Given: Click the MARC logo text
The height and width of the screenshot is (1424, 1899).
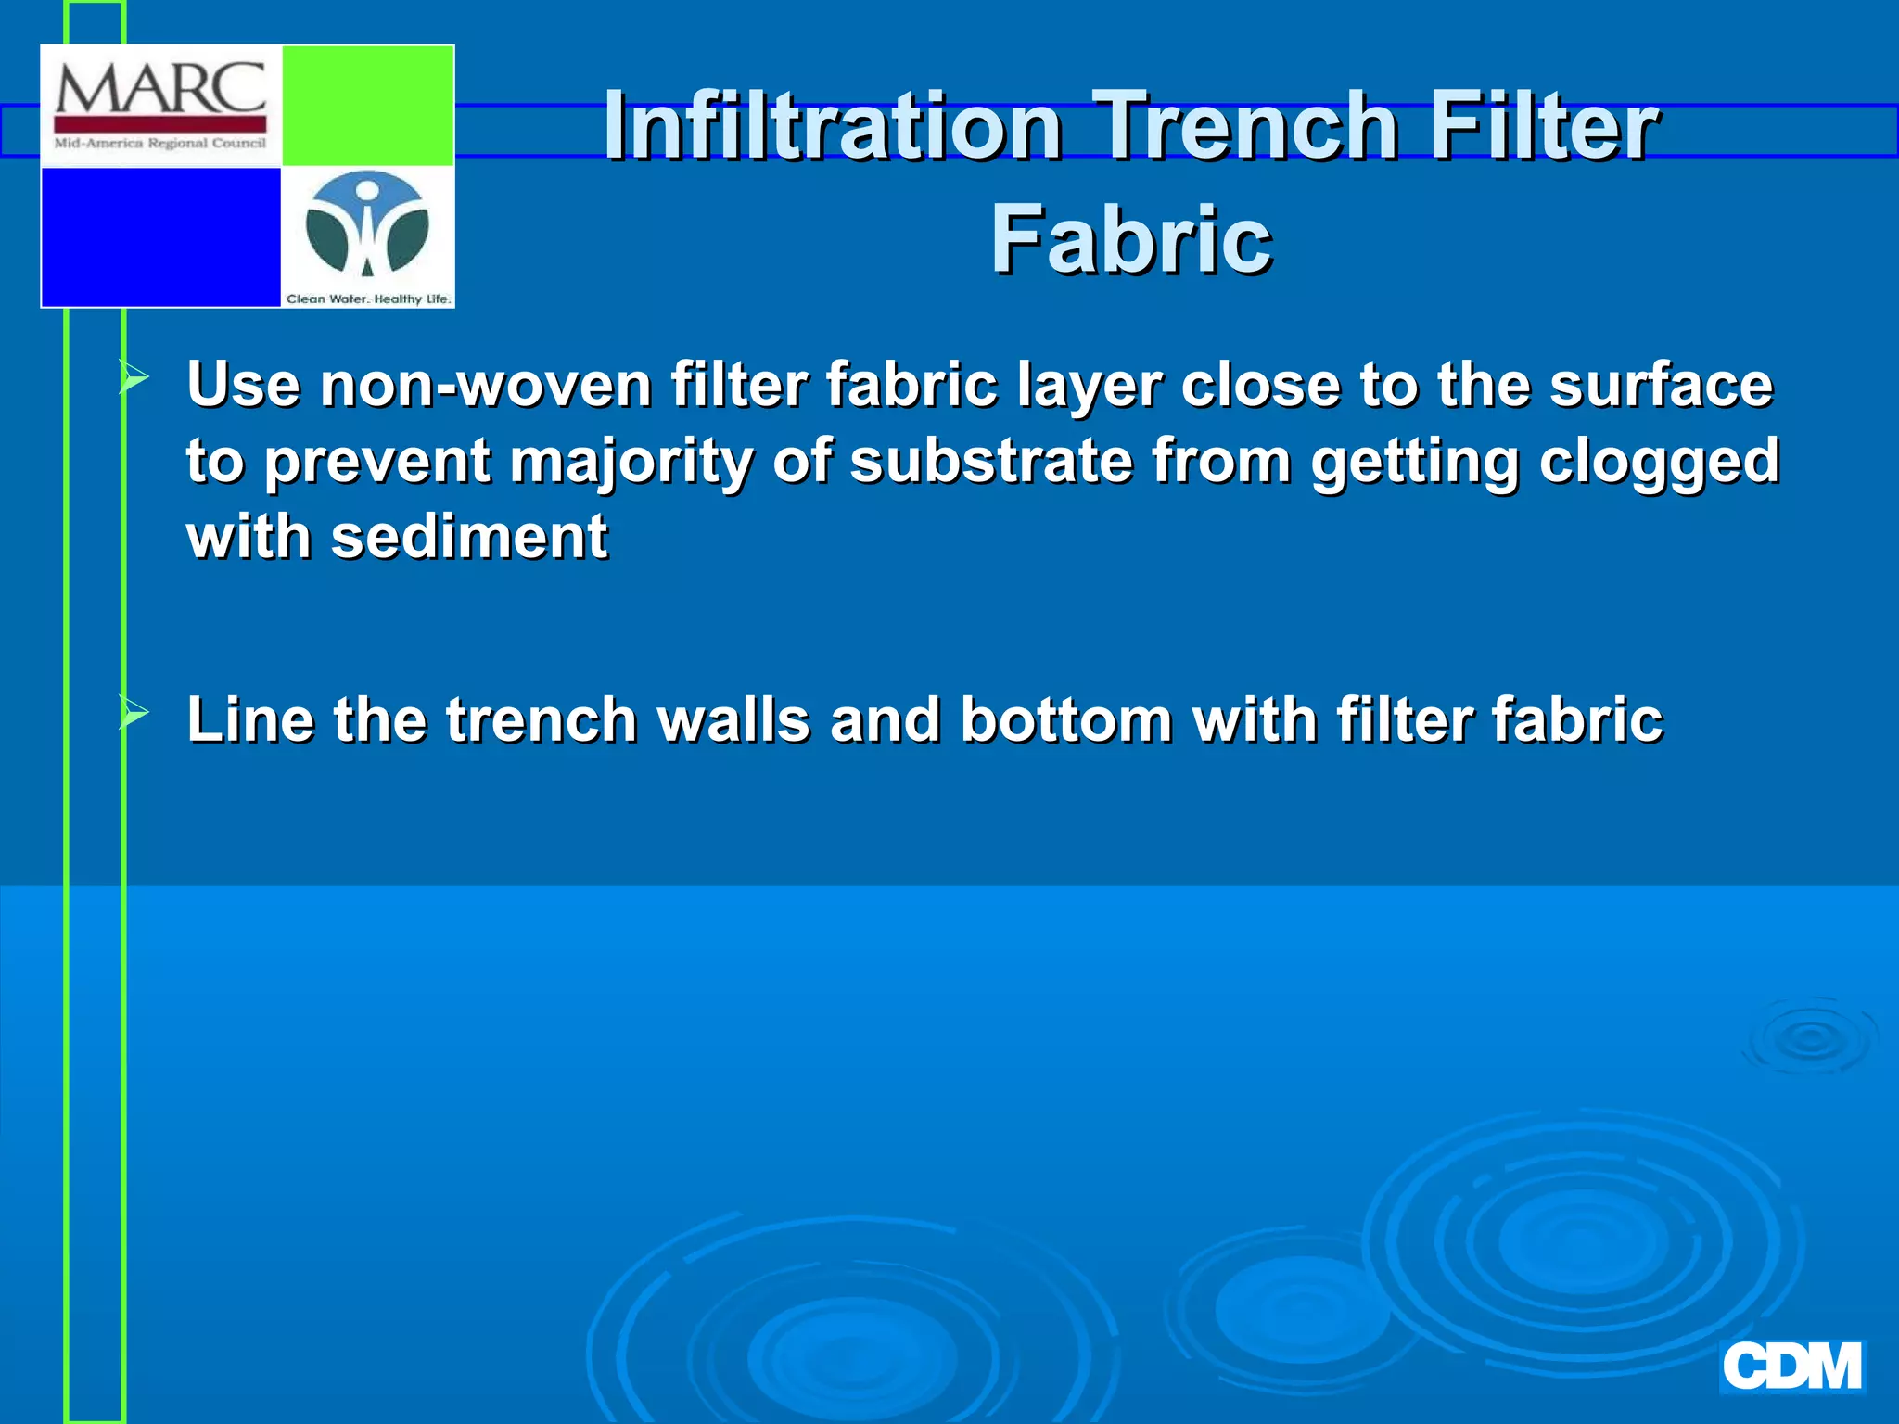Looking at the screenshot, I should (x=160, y=90).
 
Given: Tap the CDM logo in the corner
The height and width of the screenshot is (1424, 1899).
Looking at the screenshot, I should (x=1791, y=1367).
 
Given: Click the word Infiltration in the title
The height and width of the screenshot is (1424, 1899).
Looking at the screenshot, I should (x=832, y=126).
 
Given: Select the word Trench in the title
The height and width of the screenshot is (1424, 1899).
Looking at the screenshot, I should (x=1244, y=126).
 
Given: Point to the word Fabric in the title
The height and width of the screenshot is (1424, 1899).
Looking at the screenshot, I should (x=1130, y=240).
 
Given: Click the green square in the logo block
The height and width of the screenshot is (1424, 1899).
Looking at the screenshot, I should (x=367, y=106).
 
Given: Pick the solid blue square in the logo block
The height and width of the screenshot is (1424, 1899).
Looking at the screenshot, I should (x=160, y=236).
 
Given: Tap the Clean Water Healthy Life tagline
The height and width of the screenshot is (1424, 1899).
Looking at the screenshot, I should (x=368, y=299).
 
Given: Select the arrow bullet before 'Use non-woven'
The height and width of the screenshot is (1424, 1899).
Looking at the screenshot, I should (x=134, y=378).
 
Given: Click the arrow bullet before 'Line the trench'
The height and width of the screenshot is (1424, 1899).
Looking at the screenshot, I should (x=134, y=714).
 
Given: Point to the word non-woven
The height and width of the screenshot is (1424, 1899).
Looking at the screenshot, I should (x=486, y=385).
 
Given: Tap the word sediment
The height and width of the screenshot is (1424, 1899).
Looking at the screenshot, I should (x=469, y=538).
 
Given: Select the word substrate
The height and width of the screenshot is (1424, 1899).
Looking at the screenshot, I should (x=991, y=462).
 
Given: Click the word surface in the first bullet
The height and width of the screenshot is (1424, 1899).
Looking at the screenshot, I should (x=1661, y=385).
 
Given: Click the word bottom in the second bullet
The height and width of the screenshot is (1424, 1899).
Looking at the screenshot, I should (x=1066, y=720).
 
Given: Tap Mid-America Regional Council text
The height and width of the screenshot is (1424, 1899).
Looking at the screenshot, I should (x=160, y=144).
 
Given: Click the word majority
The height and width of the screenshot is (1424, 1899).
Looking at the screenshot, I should (x=631, y=462).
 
